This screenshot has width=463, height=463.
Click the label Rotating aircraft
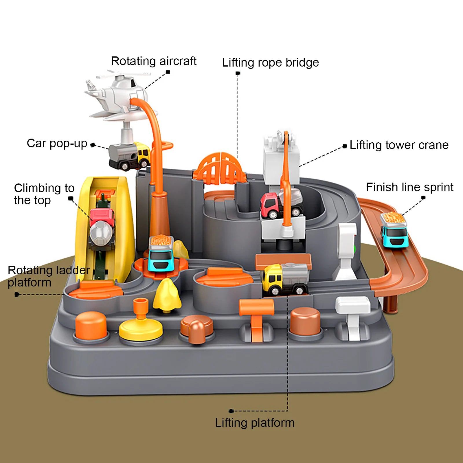point(154,61)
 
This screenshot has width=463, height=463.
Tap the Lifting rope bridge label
point(270,63)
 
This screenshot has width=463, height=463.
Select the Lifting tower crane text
point(399,145)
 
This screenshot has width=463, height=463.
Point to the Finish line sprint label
point(409,187)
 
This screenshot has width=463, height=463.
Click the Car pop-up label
point(57,144)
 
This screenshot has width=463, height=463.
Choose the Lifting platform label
point(255,423)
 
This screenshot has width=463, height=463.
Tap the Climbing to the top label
point(44,194)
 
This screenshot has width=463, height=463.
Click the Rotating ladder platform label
point(49,276)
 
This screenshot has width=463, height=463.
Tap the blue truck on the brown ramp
point(394,230)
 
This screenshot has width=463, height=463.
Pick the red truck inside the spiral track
point(281,204)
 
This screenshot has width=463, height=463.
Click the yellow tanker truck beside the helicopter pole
point(130,156)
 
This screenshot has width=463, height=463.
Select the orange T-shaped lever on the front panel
point(256,318)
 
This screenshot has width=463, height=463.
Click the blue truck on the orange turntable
point(161,253)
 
